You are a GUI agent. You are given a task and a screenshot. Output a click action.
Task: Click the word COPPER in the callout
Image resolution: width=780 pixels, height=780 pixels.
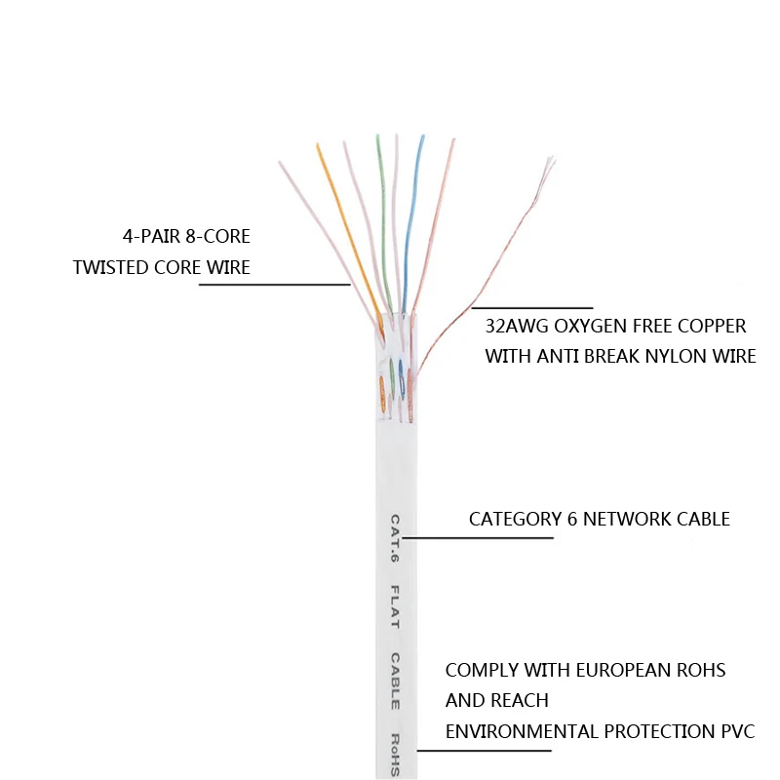pyautogui.click(x=715, y=326)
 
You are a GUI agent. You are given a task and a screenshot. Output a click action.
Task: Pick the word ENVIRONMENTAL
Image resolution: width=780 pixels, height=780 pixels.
pyautogui.click(x=522, y=731)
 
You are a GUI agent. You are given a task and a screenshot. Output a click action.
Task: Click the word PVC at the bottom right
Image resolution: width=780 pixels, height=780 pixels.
pyautogui.click(x=735, y=731)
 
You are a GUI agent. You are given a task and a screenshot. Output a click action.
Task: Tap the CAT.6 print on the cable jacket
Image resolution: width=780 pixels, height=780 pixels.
pyautogui.click(x=395, y=539)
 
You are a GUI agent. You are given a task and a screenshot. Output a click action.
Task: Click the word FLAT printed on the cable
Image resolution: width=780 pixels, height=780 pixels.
pyautogui.click(x=395, y=606)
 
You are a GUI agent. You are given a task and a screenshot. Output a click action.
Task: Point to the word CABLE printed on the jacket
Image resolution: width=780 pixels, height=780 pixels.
pyautogui.click(x=395, y=681)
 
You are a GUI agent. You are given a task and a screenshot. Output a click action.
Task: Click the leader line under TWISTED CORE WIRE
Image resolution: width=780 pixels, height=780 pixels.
pyautogui.click(x=273, y=285)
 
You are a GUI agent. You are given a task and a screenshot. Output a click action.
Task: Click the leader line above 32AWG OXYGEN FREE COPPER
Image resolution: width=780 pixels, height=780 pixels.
pyautogui.click(x=531, y=307)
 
